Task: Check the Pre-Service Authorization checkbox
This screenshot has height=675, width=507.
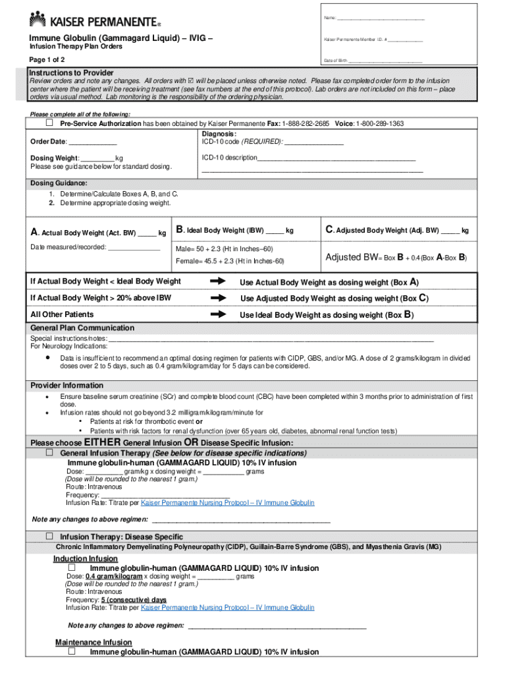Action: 49,123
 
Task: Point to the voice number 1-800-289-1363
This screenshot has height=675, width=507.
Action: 381,124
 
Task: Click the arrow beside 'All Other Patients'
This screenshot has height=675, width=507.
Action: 218,314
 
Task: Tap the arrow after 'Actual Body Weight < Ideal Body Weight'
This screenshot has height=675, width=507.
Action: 218,281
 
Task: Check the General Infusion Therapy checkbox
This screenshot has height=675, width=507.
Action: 49,454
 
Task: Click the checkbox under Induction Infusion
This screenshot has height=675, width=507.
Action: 72,568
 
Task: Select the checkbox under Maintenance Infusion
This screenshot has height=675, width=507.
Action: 72,651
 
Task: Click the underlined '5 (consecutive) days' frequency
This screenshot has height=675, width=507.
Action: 134,600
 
